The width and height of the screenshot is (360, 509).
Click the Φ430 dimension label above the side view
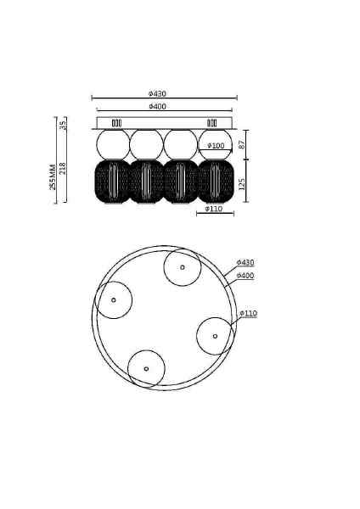(158, 94)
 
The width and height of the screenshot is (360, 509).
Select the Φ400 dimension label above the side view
(158, 107)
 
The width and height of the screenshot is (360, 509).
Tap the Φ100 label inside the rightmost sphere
(216, 146)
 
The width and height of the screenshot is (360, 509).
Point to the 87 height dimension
(242, 144)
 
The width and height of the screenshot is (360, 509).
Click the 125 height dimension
(242, 184)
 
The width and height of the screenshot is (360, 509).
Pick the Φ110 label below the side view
(214, 209)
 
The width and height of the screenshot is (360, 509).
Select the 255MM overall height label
(53, 177)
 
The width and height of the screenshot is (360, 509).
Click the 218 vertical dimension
(62, 169)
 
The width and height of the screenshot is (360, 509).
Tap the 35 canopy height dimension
(63, 124)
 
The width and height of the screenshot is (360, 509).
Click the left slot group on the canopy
(116, 123)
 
